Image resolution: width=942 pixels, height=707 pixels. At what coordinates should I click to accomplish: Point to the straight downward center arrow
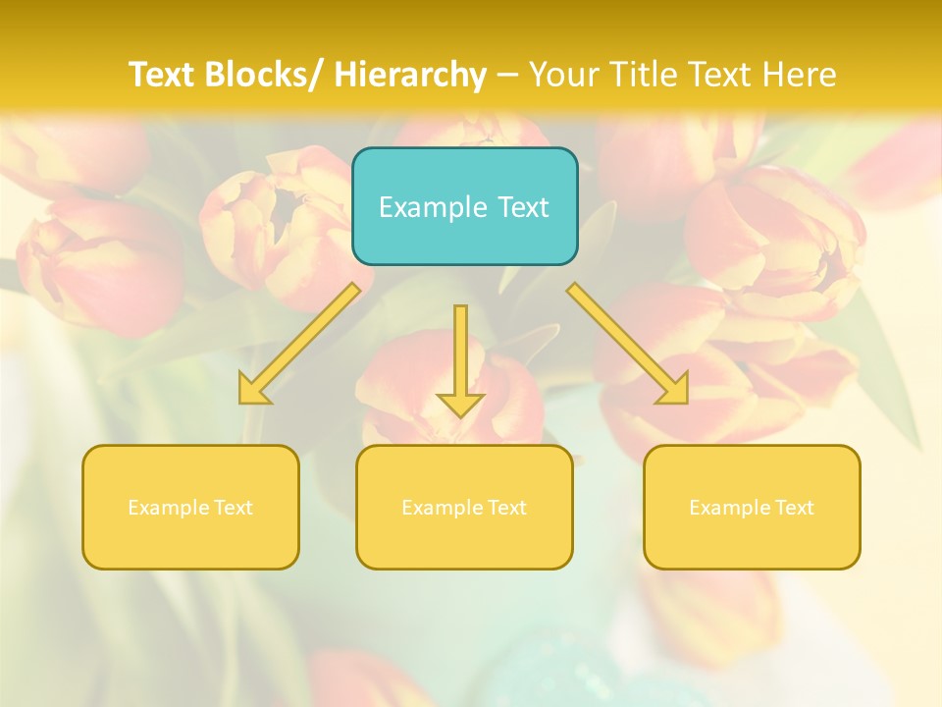click(x=460, y=353)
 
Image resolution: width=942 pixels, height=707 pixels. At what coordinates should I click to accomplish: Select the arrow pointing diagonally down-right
click(x=628, y=344)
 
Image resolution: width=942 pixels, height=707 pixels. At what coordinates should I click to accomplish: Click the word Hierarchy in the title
click(x=409, y=75)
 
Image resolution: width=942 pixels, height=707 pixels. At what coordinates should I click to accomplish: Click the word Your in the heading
click(x=564, y=75)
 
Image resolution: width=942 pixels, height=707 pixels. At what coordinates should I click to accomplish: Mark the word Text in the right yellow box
click(x=794, y=508)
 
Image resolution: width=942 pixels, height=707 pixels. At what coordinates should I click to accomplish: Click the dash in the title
click(x=507, y=75)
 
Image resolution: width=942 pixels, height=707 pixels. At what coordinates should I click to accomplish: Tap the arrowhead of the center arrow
click(x=460, y=404)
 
